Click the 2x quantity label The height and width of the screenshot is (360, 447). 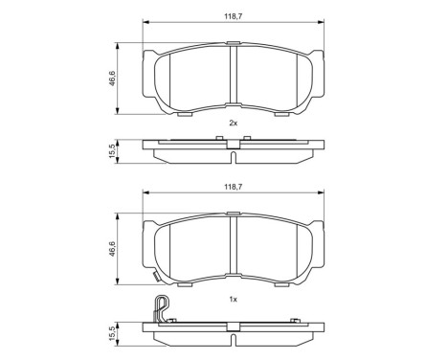pyautogui.click(x=233, y=124)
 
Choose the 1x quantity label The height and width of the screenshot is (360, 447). pyautogui.click(x=233, y=300)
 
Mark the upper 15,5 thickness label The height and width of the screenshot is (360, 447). pyautogui.click(x=112, y=150)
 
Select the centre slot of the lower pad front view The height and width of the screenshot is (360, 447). pyautogui.click(x=233, y=254)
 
